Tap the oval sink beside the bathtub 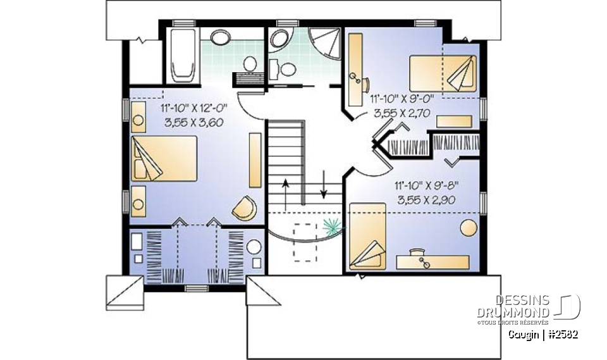pos(221,37)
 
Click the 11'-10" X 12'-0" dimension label pos(194,108)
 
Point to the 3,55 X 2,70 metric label pos(402,113)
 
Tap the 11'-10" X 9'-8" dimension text pos(426,185)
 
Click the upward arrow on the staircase pos(285,196)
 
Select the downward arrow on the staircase pos(324,185)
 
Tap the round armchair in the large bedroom pos(245,208)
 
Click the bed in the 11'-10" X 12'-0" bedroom pos(164,158)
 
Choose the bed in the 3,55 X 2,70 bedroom pos(443,73)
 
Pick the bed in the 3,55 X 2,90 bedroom pos(368,236)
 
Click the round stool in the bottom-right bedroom pos(469,228)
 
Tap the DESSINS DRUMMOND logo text pos(513,306)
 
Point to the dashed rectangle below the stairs pos(305,242)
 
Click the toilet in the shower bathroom pos(288,70)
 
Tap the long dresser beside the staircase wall pos(255,161)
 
